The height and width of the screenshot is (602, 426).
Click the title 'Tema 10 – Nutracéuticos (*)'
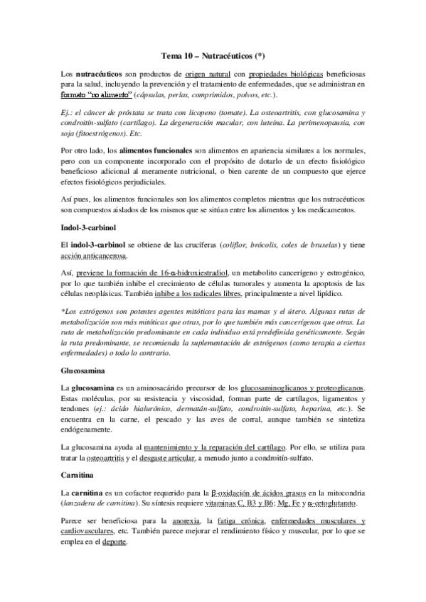tap(213, 56)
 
